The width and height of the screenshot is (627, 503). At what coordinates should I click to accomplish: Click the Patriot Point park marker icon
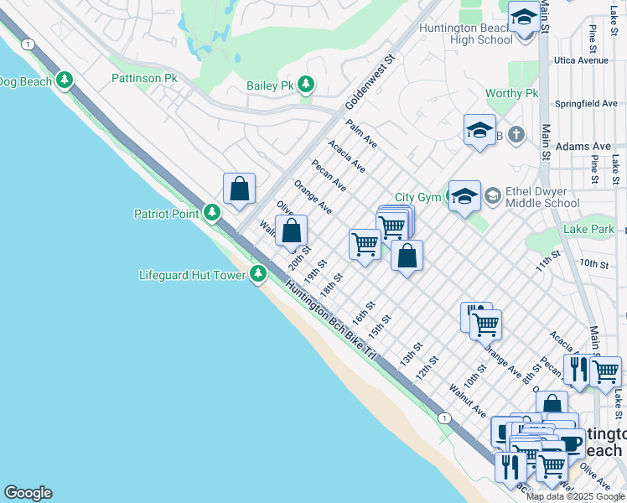pyautogui.click(x=212, y=213)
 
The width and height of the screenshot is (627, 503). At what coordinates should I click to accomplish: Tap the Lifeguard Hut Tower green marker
pyautogui.click(x=258, y=273)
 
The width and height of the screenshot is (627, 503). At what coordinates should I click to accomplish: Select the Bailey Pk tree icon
pyautogui.click(x=307, y=84)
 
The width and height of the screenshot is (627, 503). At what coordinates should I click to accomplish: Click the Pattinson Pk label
pyautogui.click(x=145, y=78)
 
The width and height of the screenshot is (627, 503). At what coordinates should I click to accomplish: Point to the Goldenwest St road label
pyautogui.click(x=370, y=84)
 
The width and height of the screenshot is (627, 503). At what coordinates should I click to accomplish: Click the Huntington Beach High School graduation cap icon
pyautogui.click(x=524, y=18)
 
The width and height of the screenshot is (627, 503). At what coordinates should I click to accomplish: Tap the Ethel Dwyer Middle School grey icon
pyautogui.click(x=492, y=196)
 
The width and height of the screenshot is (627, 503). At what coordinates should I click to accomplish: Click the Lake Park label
pyautogui.click(x=589, y=229)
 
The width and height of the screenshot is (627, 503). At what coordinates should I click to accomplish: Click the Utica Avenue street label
pyautogui.click(x=581, y=60)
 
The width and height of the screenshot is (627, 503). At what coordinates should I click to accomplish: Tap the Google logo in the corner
pyautogui.click(x=28, y=493)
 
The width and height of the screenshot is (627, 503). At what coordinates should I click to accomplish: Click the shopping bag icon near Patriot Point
pyautogui.click(x=240, y=189)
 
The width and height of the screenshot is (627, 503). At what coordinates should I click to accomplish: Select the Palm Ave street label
pyautogui.click(x=361, y=132)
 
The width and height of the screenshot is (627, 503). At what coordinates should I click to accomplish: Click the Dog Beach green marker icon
pyautogui.click(x=65, y=80)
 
